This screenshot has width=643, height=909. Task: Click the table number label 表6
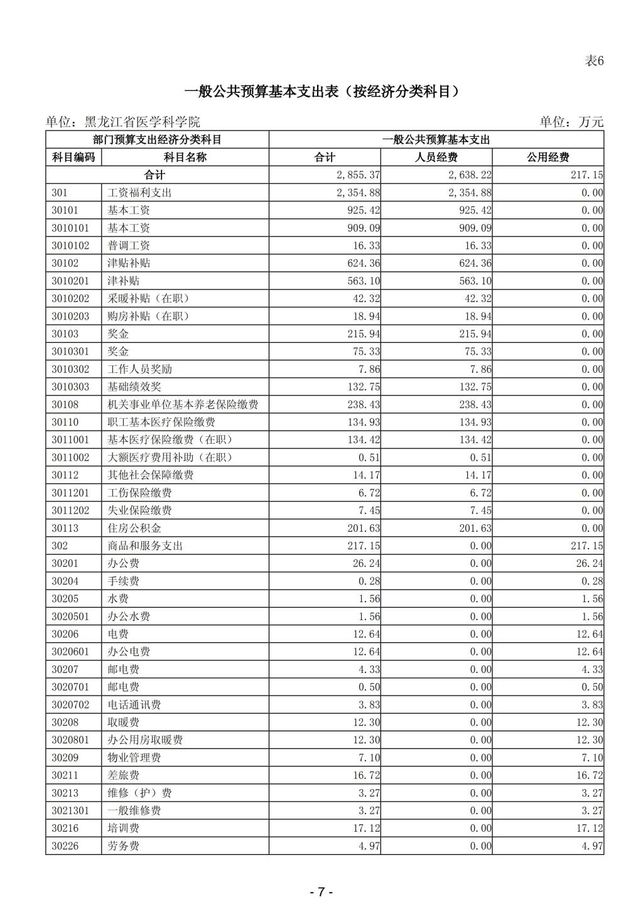pyautogui.click(x=593, y=61)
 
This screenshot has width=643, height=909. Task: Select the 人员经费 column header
pyautogui.click(x=436, y=158)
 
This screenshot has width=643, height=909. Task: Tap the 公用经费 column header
pyautogui.click(x=548, y=158)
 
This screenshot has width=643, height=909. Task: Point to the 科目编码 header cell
pyautogui.click(x=73, y=158)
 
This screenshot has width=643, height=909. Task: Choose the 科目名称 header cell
pyautogui.click(x=185, y=158)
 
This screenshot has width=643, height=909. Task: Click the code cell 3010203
pyautogui.click(x=70, y=316)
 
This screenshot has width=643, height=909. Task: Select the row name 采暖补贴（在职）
pyautogui.click(x=148, y=299)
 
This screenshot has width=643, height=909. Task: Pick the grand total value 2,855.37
pyautogui.click(x=358, y=175)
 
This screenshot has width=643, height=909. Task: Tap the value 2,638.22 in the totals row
pyautogui.click(x=470, y=175)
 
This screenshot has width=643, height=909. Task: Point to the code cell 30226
pyautogui.click(x=65, y=846)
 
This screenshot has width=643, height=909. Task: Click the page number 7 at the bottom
pyautogui.click(x=321, y=892)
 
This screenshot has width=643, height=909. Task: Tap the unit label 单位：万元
pyautogui.click(x=571, y=122)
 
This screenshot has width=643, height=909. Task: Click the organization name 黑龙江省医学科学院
pyautogui.click(x=142, y=122)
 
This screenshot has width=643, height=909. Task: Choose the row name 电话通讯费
pyautogui.click(x=134, y=705)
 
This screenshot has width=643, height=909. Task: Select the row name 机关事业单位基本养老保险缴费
pyautogui.click(x=183, y=405)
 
